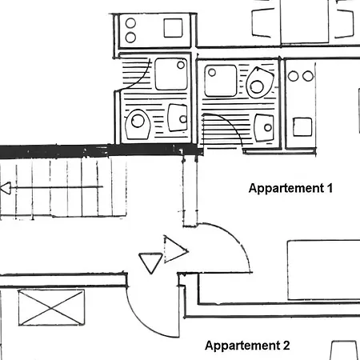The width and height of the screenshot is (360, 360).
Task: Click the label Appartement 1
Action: click(290, 188)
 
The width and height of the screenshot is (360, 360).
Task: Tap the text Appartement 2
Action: click(247, 346)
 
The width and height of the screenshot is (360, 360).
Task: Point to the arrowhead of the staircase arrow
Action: click(6, 188)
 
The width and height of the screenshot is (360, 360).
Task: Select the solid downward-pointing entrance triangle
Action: click(150, 263)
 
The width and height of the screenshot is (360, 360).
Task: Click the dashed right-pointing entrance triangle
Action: click(174, 250)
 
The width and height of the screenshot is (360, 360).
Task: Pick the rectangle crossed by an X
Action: click(51, 308)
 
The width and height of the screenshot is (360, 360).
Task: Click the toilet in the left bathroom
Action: click(138, 124)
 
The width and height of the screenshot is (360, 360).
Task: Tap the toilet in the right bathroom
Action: click(259, 83)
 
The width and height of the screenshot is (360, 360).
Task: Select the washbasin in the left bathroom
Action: click(178, 118)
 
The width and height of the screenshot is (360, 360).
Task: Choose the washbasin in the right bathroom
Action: click(264, 128)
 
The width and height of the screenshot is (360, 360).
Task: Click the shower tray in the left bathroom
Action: click(171, 74)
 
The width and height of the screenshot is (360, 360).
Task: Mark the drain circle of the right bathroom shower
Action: click(212, 72)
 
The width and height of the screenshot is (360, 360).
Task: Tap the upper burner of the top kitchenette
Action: click(130, 23)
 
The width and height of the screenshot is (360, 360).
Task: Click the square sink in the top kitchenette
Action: click(174, 28)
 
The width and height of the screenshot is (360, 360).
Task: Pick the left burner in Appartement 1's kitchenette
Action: click(293, 76)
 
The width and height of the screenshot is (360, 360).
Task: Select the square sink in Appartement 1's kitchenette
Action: click(302, 127)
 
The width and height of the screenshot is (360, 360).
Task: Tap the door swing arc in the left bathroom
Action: click(142, 79)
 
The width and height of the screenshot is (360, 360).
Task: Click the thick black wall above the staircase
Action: click(102, 150)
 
